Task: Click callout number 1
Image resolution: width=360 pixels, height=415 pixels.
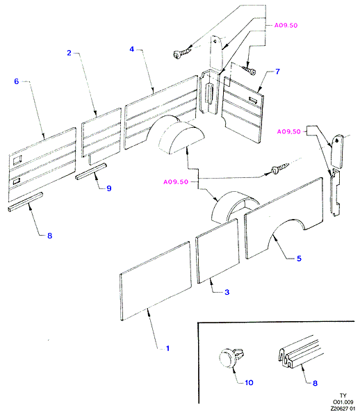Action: coord(167,348)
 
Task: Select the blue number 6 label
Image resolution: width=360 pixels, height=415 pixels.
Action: coord(17,81)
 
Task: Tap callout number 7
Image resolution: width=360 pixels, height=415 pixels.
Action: coord(277,72)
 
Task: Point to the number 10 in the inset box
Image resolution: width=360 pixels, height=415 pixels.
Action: coord(249,382)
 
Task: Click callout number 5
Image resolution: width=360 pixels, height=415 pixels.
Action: coord(299,259)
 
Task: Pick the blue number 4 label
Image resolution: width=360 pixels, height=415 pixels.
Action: coord(132,49)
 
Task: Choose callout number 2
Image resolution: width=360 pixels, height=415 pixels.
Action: coord(69,53)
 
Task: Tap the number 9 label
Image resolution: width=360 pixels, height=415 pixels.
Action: coord(109,188)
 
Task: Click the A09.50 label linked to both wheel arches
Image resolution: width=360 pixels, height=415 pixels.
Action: coord(176,182)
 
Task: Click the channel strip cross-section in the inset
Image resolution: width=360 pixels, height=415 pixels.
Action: coord(300,352)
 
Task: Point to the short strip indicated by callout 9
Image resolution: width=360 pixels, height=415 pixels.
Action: coord(91,172)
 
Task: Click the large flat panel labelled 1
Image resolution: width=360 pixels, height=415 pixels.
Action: coord(156,281)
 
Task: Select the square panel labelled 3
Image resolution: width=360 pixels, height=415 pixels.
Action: coord(218,251)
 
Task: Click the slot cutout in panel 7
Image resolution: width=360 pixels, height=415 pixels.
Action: coord(254,100)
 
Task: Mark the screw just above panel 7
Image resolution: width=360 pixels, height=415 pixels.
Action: coord(249,70)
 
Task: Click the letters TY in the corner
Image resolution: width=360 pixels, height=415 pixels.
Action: coord(343,396)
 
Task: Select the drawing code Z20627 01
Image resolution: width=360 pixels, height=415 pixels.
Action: coord(343,409)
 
